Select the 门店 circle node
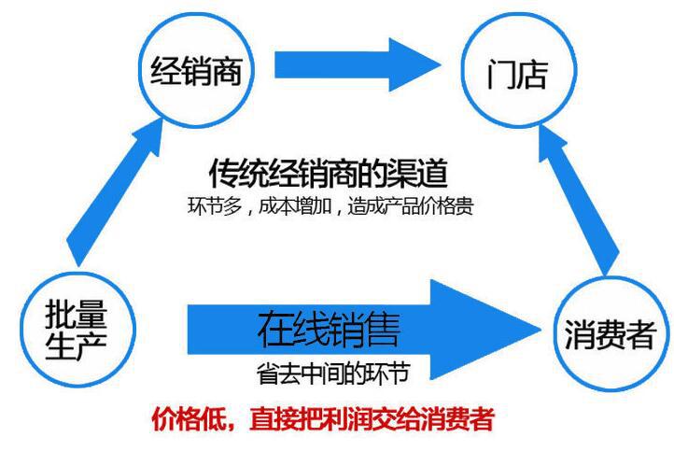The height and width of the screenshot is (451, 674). click(516, 72)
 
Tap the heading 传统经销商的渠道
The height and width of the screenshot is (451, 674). click(328, 174)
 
